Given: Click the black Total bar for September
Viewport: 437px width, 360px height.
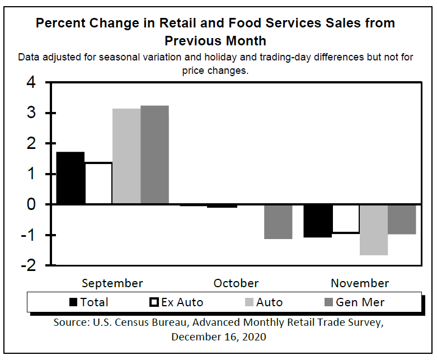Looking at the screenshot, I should click(x=71, y=177).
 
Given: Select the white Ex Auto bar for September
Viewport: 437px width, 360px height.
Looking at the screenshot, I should click(x=98, y=183).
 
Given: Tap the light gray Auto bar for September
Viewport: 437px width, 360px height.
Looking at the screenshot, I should click(x=126, y=156).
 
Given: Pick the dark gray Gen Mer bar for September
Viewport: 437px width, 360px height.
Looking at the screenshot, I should click(x=154, y=155).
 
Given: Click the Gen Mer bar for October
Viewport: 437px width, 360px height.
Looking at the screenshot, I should click(x=278, y=222).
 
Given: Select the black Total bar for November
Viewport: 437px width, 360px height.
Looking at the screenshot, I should click(x=318, y=221).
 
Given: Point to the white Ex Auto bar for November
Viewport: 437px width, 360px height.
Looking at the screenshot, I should click(x=346, y=218).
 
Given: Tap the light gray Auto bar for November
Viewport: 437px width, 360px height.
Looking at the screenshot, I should click(x=374, y=230).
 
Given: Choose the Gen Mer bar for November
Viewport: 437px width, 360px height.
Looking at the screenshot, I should click(x=402, y=219).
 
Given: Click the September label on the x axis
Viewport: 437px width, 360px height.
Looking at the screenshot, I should click(x=112, y=283).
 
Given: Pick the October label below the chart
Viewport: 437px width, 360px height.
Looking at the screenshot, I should click(x=236, y=283).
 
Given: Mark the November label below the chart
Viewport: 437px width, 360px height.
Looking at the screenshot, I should click(x=360, y=283).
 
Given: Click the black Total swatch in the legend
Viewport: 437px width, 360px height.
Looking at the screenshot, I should click(x=73, y=302).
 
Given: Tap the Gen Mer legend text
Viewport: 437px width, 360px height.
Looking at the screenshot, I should click(x=360, y=302).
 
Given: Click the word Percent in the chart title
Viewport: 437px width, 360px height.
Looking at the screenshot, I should click(x=63, y=23).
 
